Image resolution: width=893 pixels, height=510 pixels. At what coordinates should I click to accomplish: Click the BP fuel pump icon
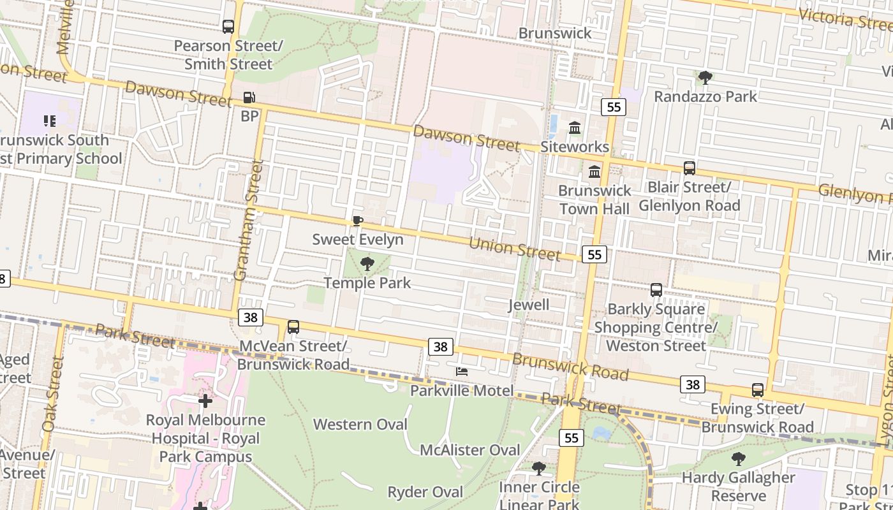249,98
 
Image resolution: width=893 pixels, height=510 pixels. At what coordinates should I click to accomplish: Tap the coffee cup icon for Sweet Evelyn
358,221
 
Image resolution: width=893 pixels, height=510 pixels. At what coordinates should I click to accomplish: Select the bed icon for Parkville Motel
462,372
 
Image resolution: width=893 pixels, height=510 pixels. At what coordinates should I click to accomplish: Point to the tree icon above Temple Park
367,263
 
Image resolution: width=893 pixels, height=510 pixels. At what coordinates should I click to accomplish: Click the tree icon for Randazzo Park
705,78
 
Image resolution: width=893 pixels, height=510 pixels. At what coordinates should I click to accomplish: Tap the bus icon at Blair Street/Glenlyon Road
689,168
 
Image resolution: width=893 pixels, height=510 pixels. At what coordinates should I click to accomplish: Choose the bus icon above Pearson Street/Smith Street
228,27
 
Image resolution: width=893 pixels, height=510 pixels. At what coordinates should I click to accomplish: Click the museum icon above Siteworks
575,127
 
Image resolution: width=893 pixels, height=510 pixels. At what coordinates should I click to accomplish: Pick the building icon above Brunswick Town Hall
594,171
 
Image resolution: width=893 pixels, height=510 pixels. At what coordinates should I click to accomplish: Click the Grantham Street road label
248,220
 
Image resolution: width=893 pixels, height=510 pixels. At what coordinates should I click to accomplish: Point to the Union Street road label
514,248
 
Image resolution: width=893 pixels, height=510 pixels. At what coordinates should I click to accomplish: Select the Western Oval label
360,424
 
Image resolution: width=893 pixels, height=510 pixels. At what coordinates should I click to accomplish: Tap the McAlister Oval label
469,449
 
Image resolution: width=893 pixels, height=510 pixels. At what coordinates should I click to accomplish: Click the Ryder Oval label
425,492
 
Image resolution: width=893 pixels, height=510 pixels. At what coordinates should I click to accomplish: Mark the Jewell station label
528,305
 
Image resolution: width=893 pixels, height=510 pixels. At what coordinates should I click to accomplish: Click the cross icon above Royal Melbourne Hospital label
205,401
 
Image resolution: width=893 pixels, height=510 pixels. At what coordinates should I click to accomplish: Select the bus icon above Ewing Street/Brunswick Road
757,390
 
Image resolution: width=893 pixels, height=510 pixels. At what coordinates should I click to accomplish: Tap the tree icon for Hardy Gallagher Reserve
738,458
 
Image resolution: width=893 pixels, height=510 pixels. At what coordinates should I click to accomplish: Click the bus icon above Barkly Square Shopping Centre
656,290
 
